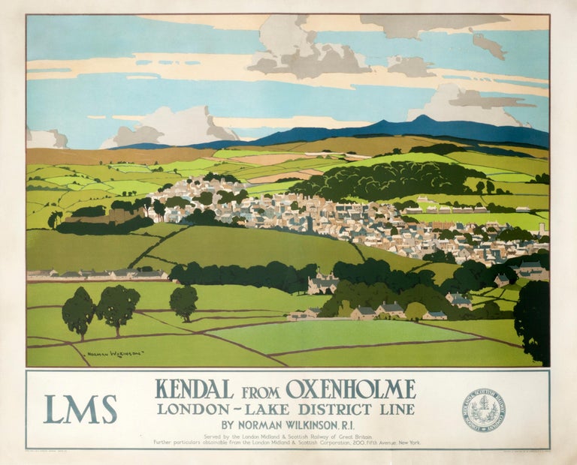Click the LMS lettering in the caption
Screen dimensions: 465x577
pos(80,409)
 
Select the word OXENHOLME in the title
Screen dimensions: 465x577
pos(350,390)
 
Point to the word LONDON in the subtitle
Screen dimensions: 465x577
pos(187,409)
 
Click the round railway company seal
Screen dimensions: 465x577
pos(483,409)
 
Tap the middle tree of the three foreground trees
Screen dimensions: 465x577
pos(118,306)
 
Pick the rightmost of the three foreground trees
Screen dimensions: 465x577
pos(183,301)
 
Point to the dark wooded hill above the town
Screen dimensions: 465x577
pos(391,180)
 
